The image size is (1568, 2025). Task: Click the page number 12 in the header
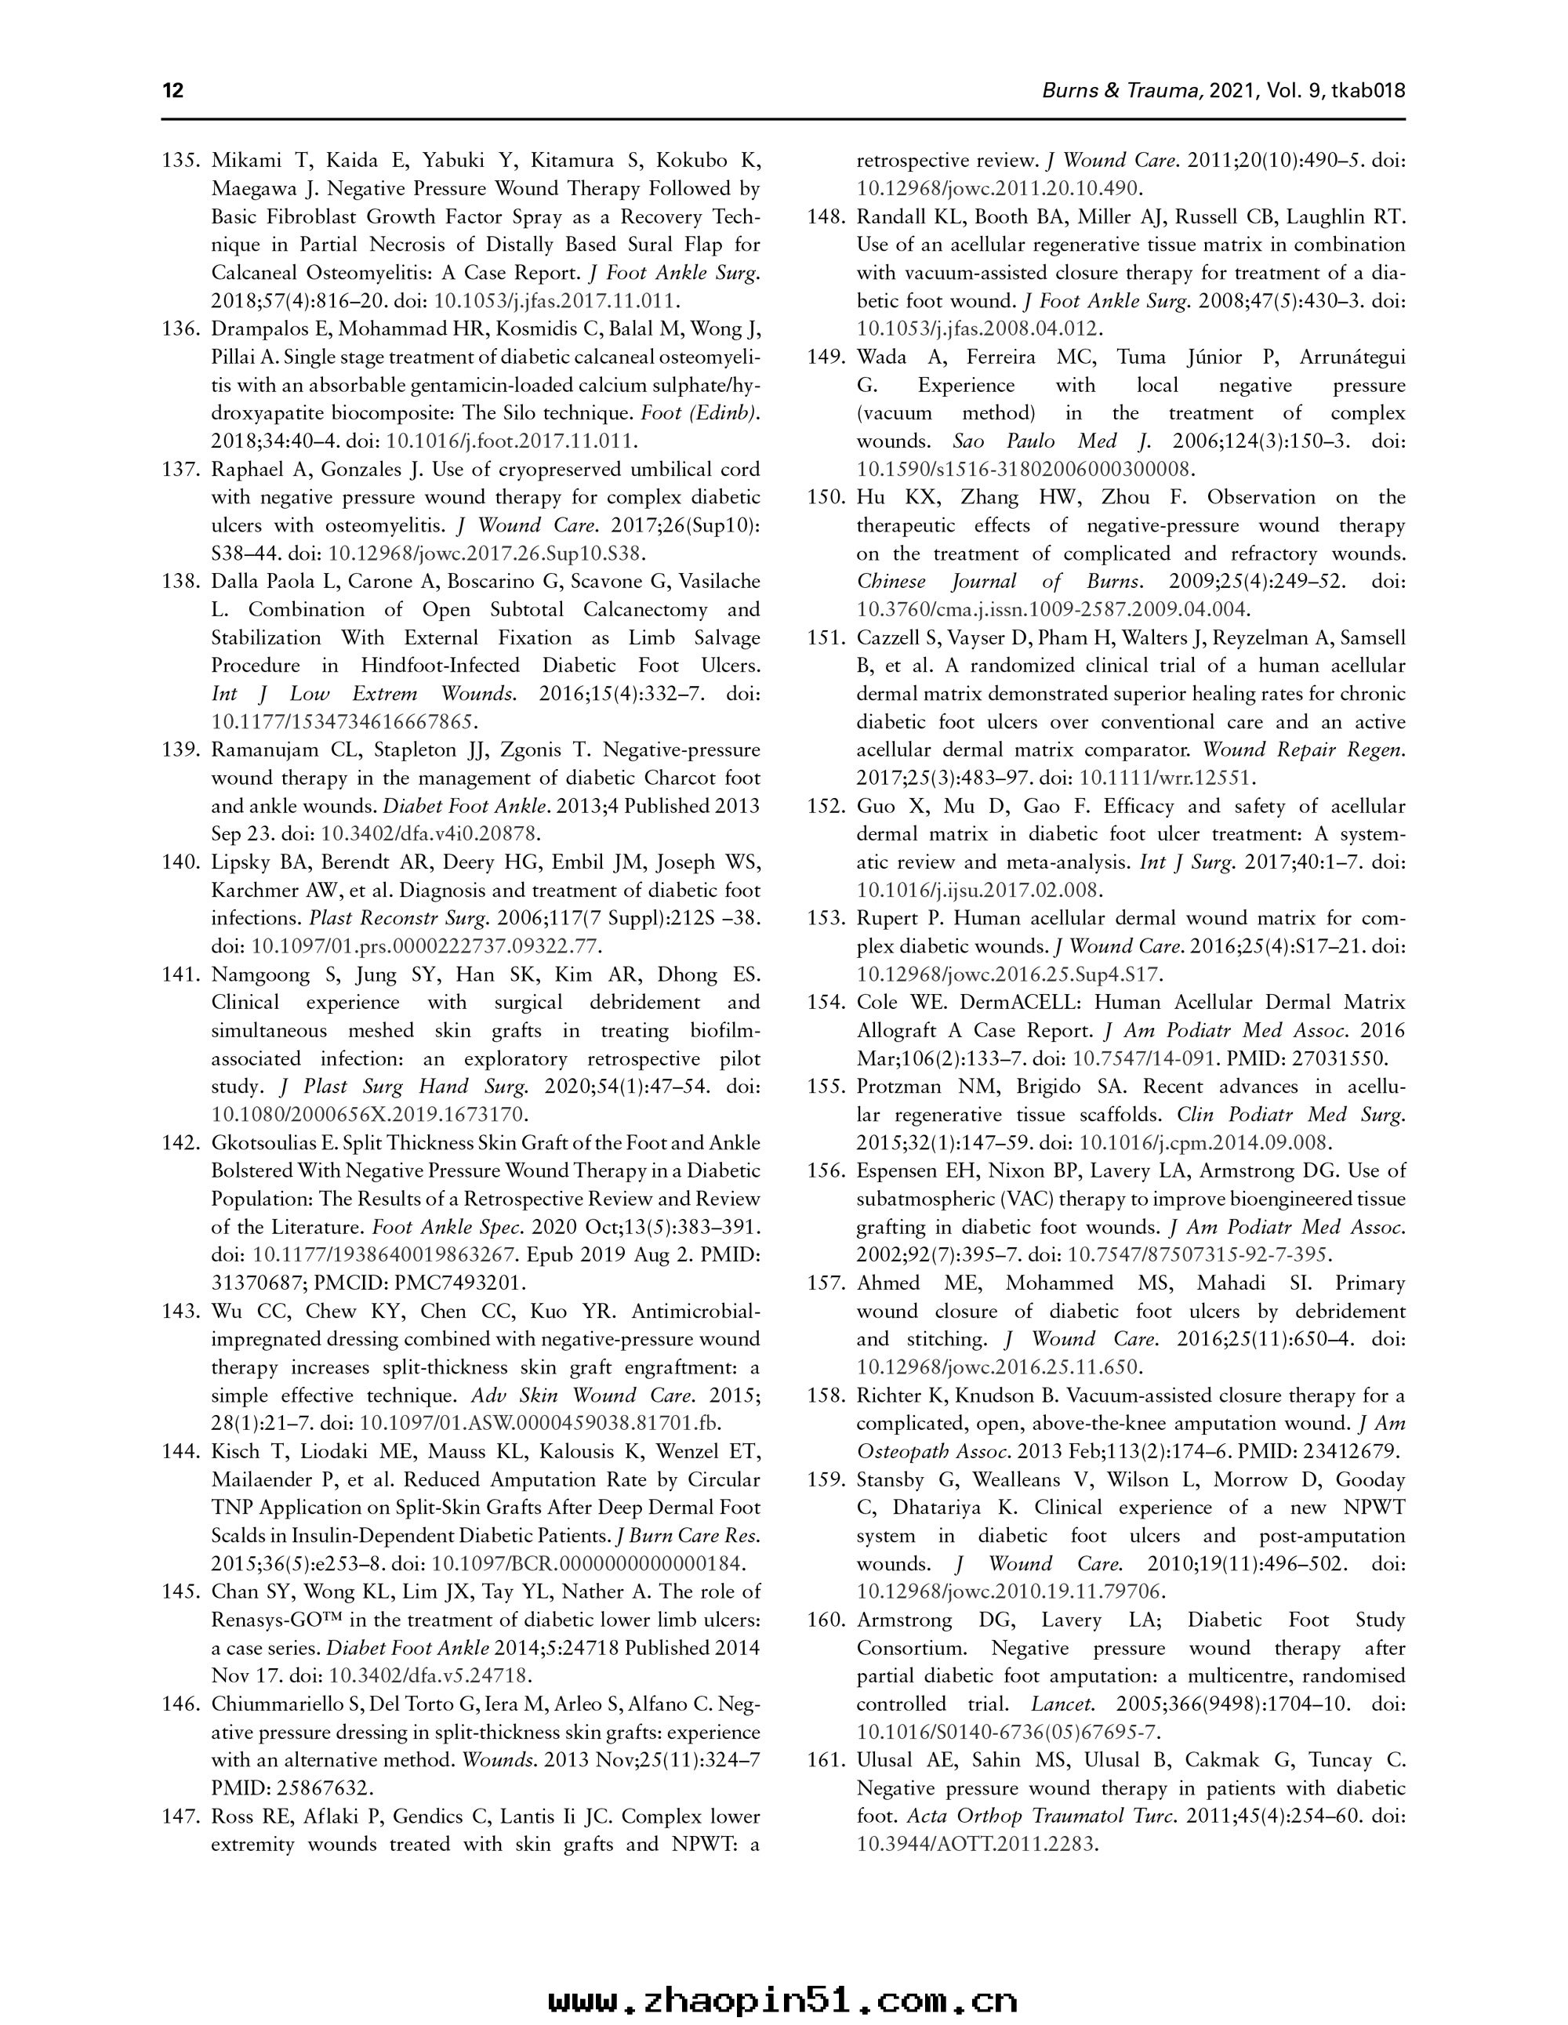[x=172, y=91]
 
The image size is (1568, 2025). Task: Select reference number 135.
[x=182, y=161]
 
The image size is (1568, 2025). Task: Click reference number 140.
[x=182, y=862]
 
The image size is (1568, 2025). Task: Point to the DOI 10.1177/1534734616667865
[x=344, y=721]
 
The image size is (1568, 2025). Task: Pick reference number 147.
[x=182, y=1816]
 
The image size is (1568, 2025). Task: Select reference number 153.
[x=827, y=918]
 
